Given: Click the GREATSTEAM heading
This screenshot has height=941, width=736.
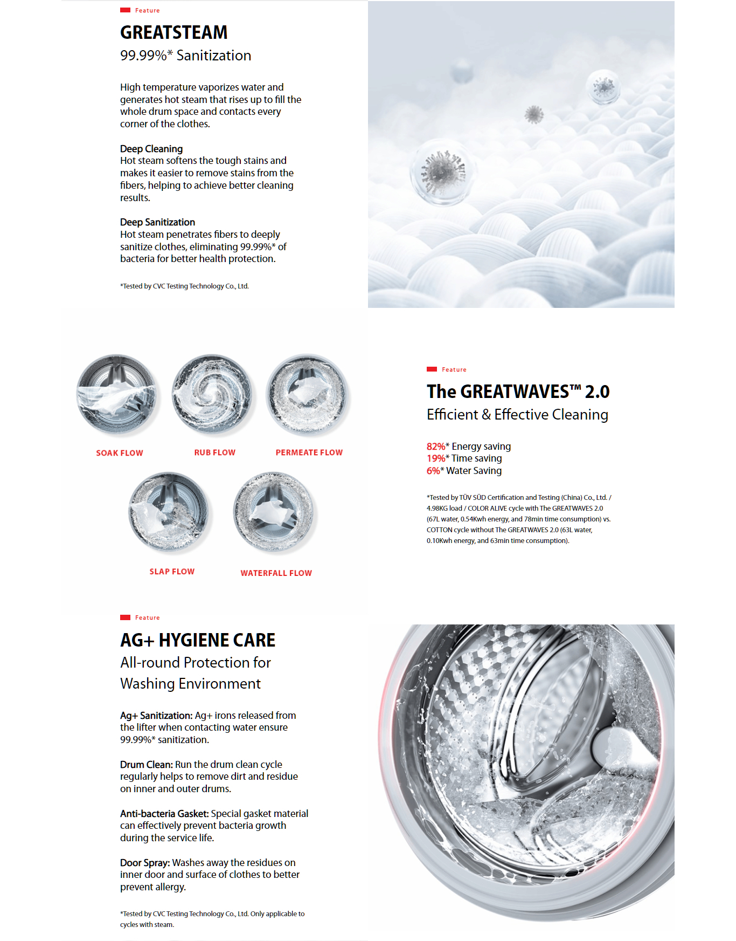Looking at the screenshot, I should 173,32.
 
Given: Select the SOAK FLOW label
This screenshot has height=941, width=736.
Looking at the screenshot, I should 120,453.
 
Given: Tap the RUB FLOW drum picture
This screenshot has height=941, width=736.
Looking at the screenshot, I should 212,395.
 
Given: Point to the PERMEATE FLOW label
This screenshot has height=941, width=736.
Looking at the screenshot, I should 309,452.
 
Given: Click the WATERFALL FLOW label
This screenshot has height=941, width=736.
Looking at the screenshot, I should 276,573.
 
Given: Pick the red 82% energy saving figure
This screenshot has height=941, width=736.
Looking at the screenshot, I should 435,447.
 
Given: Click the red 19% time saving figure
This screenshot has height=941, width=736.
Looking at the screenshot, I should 435,458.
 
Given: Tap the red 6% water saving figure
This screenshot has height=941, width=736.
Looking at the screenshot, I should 433,471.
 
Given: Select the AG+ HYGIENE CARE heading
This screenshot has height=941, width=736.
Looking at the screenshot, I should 198,640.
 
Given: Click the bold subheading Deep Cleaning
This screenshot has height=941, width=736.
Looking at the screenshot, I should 151,149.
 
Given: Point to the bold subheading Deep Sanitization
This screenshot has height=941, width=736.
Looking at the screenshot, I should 157,222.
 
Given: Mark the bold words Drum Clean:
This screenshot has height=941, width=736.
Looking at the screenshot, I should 147,765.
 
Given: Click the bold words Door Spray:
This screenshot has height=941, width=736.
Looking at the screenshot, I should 145,863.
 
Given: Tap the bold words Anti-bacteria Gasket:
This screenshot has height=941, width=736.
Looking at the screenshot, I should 164,814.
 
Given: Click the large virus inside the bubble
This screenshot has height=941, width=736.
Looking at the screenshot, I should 443,171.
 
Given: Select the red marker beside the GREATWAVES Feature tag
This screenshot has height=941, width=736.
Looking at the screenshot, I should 432,369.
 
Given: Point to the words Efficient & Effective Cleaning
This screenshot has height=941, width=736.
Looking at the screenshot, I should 517,415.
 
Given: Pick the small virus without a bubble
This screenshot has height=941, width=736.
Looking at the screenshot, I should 534,114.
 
